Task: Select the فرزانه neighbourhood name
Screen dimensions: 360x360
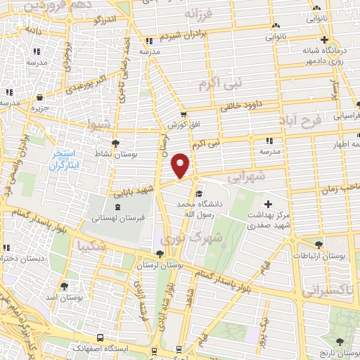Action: (198, 13)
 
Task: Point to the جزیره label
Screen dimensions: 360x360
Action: (39, 108)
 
